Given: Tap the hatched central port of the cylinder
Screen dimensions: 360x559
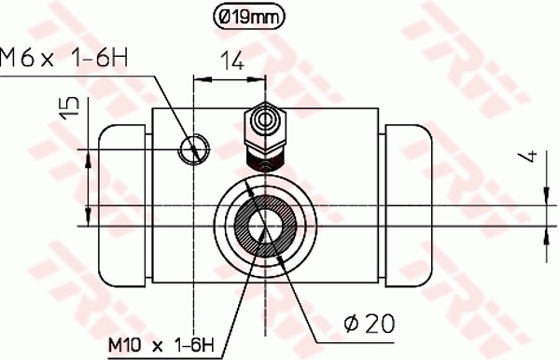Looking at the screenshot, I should tap(266, 224).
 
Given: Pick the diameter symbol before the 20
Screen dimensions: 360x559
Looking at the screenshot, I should tap(352, 324).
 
